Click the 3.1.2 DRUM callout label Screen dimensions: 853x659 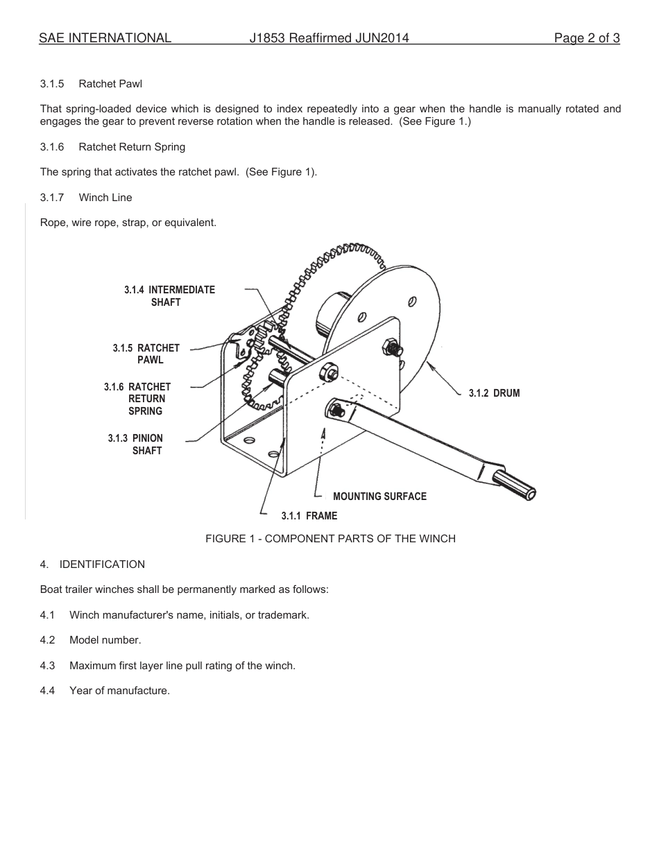pos(494,393)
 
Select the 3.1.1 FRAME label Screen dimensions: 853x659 pos(309,516)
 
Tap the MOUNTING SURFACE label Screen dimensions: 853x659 pos(379,497)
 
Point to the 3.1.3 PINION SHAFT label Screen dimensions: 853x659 pos(136,445)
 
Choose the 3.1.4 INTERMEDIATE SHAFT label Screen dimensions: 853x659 pos(169,296)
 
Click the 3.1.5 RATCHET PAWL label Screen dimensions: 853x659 pos(146,354)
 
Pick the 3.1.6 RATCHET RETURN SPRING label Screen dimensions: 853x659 pos(138,399)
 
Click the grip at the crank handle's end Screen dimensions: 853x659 pos(515,484)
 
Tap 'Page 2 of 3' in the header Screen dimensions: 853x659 pos(586,39)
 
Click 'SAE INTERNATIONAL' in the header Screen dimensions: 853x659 pos(105,39)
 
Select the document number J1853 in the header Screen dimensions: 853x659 pos(267,39)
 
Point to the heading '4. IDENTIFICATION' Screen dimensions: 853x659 pos(92,565)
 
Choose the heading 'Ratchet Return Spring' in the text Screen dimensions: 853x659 pos(132,147)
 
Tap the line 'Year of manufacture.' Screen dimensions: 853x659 pos(119,691)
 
